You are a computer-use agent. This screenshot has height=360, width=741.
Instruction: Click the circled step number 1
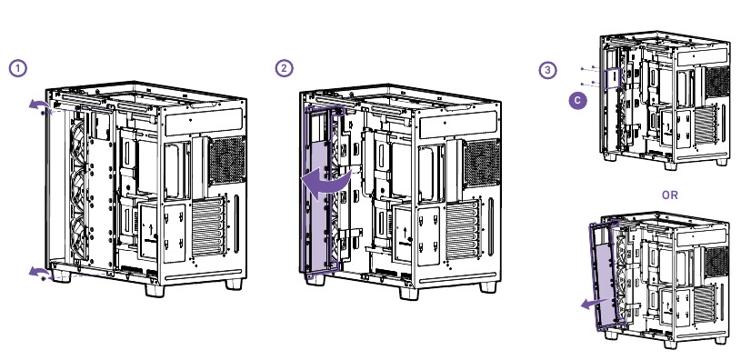16,69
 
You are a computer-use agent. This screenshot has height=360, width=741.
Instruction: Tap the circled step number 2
285,69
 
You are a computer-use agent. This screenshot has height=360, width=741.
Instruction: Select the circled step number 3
546,69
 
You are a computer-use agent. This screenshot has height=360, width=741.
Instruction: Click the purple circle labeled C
575,102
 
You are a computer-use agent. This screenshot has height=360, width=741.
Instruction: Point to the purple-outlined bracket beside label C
616,80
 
